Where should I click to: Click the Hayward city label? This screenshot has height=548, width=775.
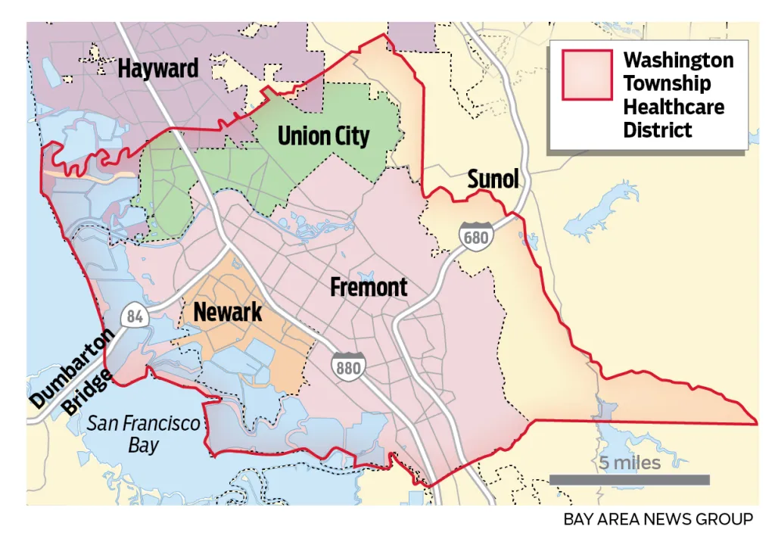157,69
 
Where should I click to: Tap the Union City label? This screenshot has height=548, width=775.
323,136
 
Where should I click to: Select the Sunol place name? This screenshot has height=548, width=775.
493,179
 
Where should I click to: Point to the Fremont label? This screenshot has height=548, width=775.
369,288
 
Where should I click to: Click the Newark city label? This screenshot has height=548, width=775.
227,311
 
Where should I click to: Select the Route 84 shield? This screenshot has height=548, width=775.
135,316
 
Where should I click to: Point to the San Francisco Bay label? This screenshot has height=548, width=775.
143,433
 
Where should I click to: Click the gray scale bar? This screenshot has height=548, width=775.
629,479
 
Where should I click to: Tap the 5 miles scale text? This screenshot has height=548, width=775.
630,462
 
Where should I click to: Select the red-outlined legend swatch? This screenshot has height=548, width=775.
587,75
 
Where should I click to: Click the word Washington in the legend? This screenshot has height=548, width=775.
678,61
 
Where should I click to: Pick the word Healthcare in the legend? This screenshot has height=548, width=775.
674,107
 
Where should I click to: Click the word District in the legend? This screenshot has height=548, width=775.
657,130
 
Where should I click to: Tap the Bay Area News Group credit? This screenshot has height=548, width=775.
658,519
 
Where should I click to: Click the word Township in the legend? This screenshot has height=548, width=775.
666,83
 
